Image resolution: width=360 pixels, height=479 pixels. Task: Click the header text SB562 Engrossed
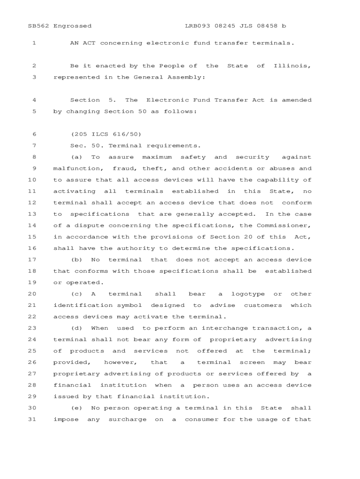pyautogui.click(x=60, y=26)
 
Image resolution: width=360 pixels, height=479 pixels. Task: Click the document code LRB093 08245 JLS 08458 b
pyautogui.click(x=235, y=26)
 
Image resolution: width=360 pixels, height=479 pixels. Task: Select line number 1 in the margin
pyautogui.click(x=34, y=43)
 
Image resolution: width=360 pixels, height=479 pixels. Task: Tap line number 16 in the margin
pyautogui.click(x=32, y=248)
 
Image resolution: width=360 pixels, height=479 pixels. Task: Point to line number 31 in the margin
pyautogui.click(x=32, y=420)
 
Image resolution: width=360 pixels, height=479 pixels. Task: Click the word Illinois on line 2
pyautogui.click(x=292, y=66)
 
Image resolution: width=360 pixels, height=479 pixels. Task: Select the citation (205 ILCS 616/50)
pyautogui.click(x=106, y=134)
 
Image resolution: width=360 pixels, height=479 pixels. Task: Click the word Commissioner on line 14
pyautogui.click(x=284, y=225)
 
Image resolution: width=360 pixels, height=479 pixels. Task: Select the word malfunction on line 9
pyautogui.click(x=77, y=168)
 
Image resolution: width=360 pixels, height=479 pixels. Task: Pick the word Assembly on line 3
pyautogui.click(x=186, y=77)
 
